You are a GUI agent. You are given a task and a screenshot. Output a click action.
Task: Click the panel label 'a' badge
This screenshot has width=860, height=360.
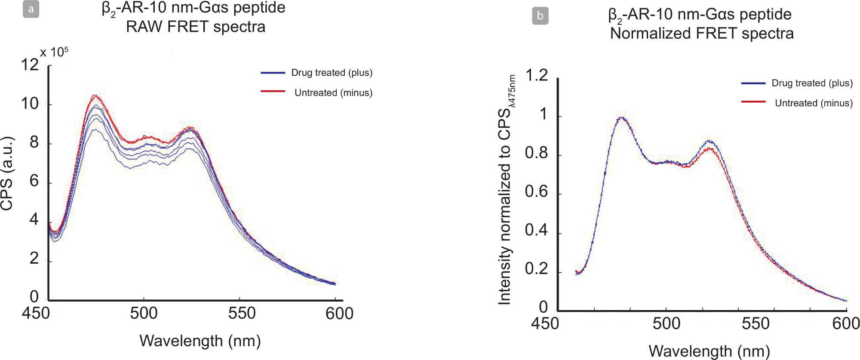click(x=31, y=9)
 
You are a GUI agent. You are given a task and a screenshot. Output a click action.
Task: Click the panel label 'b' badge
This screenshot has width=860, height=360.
click(x=540, y=16)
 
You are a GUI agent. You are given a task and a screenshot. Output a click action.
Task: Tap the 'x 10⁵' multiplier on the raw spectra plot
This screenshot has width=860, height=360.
click(x=54, y=53)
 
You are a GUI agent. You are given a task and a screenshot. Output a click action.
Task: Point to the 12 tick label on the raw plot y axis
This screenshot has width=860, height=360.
click(x=30, y=65)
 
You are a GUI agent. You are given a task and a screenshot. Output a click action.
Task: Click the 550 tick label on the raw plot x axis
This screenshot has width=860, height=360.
click(x=242, y=314)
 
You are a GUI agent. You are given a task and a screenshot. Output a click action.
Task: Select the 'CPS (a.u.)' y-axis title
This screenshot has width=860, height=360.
click(x=7, y=173)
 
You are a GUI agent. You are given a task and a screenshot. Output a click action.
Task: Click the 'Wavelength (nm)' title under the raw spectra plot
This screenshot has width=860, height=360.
click(x=200, y=341)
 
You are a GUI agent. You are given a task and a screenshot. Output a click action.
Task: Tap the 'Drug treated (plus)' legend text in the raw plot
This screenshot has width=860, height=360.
click(x=332, y=73)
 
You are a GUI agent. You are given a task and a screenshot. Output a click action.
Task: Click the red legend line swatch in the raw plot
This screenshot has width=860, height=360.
click(x=273, y=91)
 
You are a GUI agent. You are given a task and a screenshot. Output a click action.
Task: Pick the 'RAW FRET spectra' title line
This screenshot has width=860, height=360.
click(x=196, y=27)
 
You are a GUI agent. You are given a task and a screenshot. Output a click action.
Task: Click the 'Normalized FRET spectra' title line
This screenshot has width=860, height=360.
click(x=702, y=34)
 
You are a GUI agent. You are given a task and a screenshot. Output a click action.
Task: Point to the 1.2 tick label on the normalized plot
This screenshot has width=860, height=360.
click(x=536, y=75)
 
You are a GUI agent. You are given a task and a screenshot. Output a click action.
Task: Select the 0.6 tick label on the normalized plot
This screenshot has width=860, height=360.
click(x=536, y=191)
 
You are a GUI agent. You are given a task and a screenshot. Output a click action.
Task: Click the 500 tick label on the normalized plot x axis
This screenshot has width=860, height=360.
click(x=666, y=323)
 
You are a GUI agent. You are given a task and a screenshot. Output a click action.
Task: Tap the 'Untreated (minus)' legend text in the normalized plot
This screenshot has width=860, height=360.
click(x=814, y=103)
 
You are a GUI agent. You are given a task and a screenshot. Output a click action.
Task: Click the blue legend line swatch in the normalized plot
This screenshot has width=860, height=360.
click(x=753, y=83)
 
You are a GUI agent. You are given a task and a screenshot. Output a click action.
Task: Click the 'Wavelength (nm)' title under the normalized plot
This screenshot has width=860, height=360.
click(x=709, y=351)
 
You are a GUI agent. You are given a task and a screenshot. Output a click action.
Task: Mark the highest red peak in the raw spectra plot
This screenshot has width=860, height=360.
click(x=95, y=95)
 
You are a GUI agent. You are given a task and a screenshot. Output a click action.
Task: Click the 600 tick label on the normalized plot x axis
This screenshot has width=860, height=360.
click(x=846, y=323)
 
